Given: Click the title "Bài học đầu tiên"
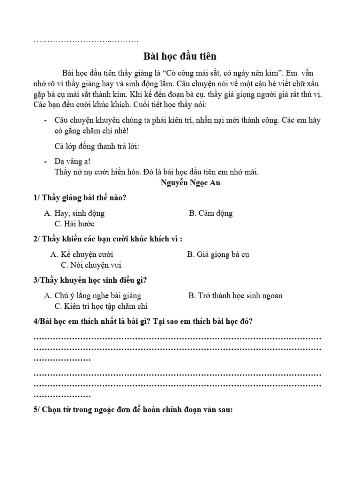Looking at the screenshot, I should click(x=180, y=57).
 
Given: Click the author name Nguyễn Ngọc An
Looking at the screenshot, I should click(x=190, y=183).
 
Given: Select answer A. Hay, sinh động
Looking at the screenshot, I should click(x=75, y=213).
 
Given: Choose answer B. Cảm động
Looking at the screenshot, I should click(x=210, y=213).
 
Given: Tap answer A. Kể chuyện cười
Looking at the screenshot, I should click(x=82, y=255).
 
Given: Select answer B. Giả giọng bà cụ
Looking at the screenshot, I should click(x=218, y=255).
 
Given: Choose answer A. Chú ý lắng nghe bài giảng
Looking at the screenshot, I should click(x=92, y=296).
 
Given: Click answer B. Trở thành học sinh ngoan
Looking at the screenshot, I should click(x=235, y=296).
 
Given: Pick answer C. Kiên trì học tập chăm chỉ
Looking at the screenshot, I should click(x=101, y=307).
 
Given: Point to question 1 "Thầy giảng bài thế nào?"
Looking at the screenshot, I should click(x=80, y=198).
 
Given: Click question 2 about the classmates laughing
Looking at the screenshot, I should click(x=108, y=239).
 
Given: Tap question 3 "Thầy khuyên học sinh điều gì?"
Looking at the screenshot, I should click(x=90, y=280).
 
